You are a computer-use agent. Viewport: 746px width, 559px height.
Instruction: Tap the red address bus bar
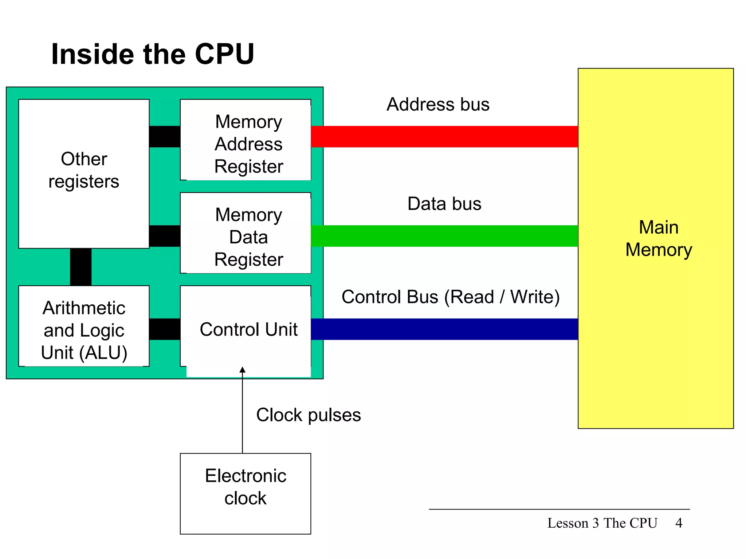pyautogui.click(x=444, y=136)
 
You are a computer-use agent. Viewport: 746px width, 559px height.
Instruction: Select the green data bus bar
pyautogui.click(x=444, y=236)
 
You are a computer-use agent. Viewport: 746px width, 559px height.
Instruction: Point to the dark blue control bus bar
pyautogui.click(x=444, y=329)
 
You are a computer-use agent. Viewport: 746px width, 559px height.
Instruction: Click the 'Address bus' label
pyautogui.click(x=438, y=104)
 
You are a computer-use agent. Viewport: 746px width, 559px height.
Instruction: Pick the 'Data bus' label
pyautogui.click(x=444, y=204)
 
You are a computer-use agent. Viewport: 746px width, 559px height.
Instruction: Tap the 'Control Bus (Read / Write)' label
pyautogui.click(x=450, y=297)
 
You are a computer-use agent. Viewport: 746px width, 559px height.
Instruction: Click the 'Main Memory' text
pyautogui.click(x=659, y=238)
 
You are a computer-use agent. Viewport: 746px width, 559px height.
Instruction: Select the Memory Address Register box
pyautogui.click(x=246, y=140)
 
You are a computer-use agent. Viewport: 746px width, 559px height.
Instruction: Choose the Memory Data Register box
pyautogui.click(x=246, y=233)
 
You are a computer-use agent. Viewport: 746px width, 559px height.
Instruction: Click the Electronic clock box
pyautogui.click(x=246, y=493)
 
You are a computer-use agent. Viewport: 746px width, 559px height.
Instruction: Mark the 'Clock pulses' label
pyautogui.click(x=308, y=415)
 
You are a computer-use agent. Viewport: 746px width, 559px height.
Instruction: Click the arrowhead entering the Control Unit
pyautogui.click(x=242, y=370)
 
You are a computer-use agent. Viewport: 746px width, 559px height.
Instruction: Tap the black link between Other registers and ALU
pyautogui.click(x=81, y=267)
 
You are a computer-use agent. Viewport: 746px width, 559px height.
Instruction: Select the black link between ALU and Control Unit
pyautogui.click(x=165, y=329)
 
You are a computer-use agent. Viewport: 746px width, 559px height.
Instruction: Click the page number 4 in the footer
pyautogui.click(x=679, y=523)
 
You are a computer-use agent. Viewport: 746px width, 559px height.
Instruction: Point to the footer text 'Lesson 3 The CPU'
pyautogui.click(x=602, y=523)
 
